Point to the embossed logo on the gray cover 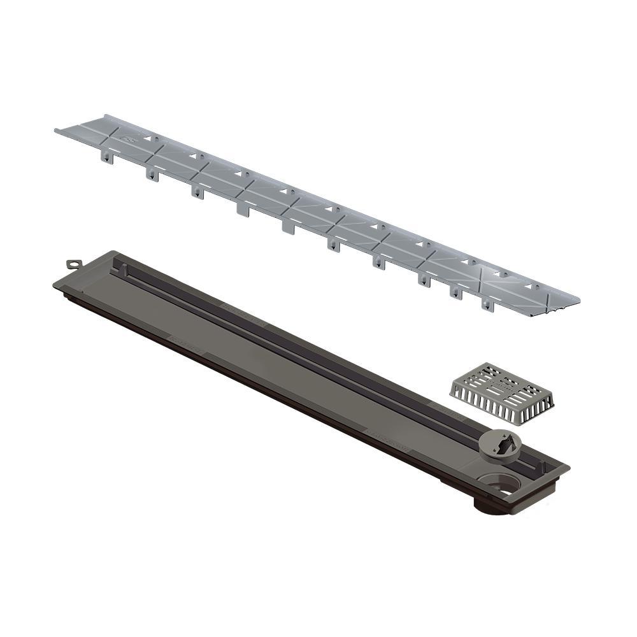[x=131, y=136]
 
